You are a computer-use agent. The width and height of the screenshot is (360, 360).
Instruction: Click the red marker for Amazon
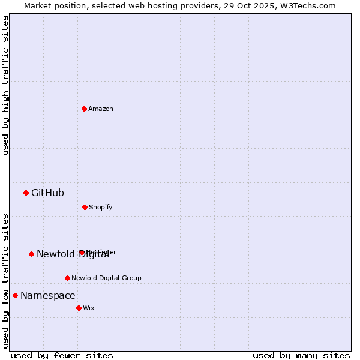[x=84, y=109]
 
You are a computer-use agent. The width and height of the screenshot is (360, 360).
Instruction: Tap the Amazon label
[x=101, y=109]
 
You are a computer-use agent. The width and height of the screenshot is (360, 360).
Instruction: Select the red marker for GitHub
[x=26, y=193]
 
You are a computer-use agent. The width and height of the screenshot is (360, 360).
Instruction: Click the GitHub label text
[x=47, y=193]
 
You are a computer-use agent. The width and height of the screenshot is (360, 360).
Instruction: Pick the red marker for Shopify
[x=85, y=207]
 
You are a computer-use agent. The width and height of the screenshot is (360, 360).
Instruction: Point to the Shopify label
[x=100, y=207]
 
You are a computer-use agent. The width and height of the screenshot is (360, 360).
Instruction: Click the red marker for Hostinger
[x=82, y=252]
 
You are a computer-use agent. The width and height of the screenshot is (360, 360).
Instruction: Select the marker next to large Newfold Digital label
[x=31, y=254]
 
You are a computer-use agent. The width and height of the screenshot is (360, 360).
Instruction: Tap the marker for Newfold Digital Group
[x=67, y=278]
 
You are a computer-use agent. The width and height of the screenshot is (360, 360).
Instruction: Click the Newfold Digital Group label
[x=106, y=278]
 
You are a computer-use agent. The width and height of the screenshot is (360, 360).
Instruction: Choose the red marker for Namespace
[x=15, y=295]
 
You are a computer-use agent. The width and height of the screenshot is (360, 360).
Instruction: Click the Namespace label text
[x=48, y=295]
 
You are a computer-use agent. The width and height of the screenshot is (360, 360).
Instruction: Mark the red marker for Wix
[x=79, y=308]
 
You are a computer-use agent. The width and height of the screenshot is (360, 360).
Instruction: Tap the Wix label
[x=88, y=308]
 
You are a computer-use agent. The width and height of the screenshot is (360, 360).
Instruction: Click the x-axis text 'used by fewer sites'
[x=62, y=355]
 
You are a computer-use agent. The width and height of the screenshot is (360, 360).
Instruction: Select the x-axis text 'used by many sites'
[x=301, y=355]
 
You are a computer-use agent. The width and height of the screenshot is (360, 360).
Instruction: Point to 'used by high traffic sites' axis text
[x=5, y=85]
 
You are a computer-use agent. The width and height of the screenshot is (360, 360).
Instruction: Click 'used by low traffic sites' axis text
[x=5, y=280]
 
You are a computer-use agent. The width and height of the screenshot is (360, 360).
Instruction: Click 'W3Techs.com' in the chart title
[x=311, y=5]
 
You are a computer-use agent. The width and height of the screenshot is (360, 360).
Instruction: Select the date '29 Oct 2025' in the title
[x=253, y=5]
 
